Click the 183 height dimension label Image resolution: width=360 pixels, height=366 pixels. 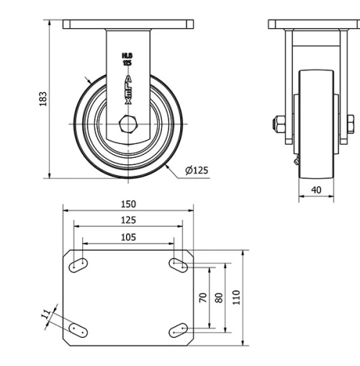click(42, 97)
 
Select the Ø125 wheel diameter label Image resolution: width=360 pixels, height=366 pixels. click(197, 170)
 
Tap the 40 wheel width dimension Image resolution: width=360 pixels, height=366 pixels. click(316, 189)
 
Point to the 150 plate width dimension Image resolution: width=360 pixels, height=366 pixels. click(128, 204)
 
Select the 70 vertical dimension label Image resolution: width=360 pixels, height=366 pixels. click(204, 297)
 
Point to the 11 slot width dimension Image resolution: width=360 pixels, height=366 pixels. click(47, 315)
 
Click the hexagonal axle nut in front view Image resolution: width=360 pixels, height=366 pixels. click(128, 124)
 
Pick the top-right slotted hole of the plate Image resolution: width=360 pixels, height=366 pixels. click(178, 265)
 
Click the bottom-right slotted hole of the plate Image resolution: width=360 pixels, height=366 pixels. click(178, 330)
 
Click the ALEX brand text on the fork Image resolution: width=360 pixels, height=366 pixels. click(128, 90)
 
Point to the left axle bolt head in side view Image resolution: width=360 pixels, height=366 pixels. click(277, 124)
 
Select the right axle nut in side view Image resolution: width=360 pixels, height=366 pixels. click(349, 124)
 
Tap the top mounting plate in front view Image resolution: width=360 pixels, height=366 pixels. click(128, 24)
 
